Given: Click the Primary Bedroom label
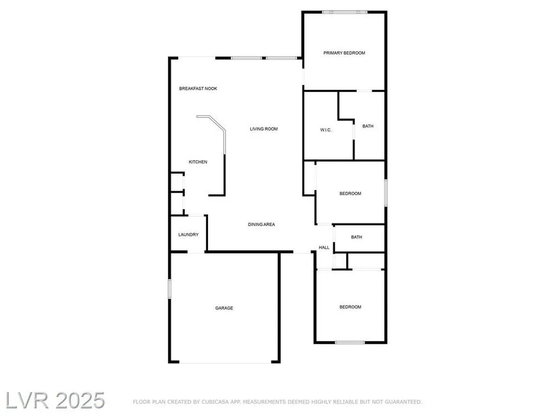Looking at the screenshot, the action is pos(344,53).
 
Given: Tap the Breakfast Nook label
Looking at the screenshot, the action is pos(198,89).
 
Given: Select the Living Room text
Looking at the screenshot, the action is pos(264,129).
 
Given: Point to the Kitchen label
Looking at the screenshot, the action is pos(198,162).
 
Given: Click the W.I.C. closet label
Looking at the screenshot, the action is pos(326,130).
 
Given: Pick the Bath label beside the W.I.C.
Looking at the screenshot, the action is pos(368,126).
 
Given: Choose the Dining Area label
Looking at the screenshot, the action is pos(261,225).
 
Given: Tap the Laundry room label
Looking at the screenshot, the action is pos(188,235).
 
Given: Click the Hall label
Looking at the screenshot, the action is pos(324,247).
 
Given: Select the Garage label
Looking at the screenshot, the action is pos(224,308).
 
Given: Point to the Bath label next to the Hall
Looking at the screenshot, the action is pos(356,237).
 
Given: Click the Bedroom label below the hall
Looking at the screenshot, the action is pos(350,307).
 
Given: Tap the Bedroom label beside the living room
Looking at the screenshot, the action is pos(350,194).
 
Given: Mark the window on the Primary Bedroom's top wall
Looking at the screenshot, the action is pos(345,12).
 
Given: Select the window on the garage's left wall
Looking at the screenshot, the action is pos(169,288).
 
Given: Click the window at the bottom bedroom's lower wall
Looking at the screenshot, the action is pos(350,342).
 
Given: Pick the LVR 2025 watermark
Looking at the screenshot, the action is pos(55,400).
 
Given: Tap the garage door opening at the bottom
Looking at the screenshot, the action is pos(225,362).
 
